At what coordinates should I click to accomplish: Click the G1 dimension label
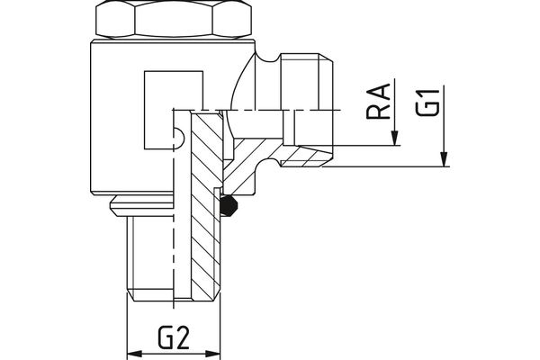(432, 101)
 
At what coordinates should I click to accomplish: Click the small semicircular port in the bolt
(178, 138)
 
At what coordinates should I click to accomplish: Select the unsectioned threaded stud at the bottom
(148, 261)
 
